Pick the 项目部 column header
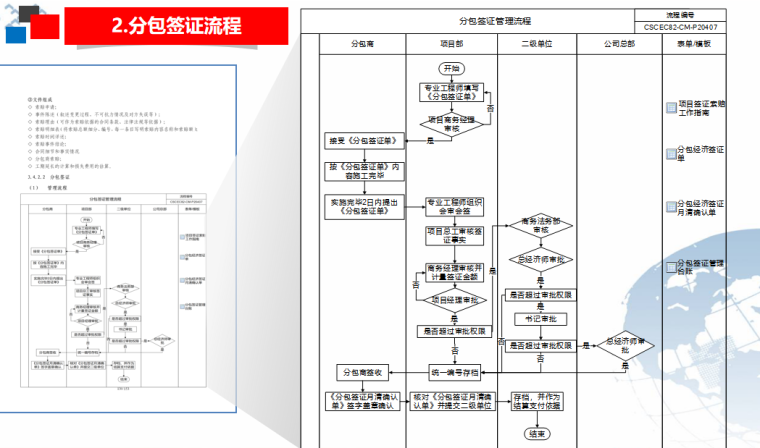coord(453,45)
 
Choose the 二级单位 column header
coord(537,45)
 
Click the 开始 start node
coord(452,68)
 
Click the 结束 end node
coord(538,434)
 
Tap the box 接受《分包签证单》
coord(362,141)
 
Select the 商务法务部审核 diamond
coord(537,225)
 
